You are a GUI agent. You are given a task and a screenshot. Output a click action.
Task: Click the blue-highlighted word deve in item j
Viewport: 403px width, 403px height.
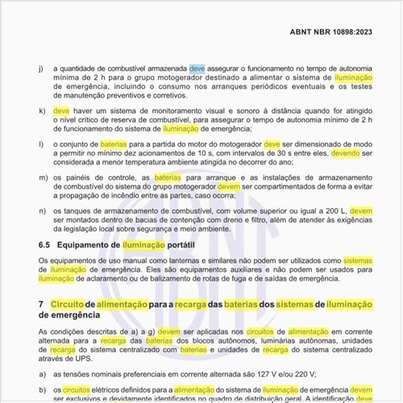pyautogui.click(x=197, y=69)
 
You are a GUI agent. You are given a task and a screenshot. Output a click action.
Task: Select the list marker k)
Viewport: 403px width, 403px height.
pyautogui.click(x=42, y=107)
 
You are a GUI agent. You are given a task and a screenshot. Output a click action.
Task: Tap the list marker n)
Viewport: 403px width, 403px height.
pyautogui.click(x=42, y=210)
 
